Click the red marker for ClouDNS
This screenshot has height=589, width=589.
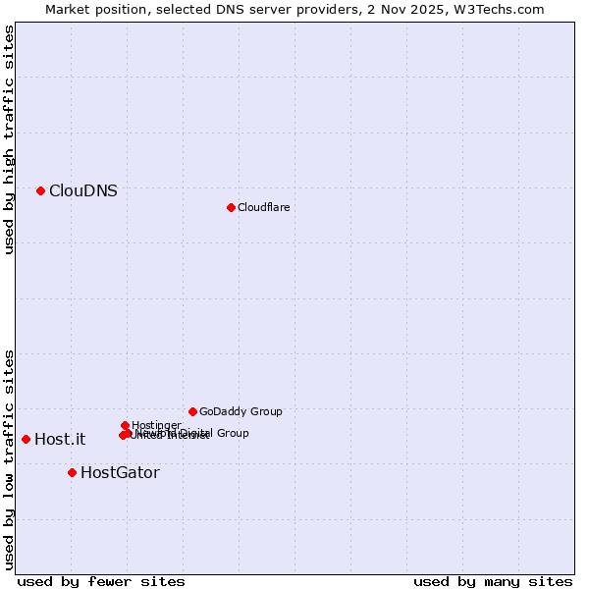40,190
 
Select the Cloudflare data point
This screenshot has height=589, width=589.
231,207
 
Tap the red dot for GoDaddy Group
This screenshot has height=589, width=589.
192,411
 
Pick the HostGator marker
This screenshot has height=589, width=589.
72,472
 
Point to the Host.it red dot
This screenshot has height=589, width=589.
26,439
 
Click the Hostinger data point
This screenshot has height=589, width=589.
125,425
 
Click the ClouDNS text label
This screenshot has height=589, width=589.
83,191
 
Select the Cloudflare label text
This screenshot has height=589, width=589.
263,207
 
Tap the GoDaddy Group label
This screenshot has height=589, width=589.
241,412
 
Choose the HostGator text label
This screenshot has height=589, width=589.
120,473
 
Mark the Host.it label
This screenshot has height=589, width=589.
60,440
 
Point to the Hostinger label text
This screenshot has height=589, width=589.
156,425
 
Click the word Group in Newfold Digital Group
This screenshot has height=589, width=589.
233,433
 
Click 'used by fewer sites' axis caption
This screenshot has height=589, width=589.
101,581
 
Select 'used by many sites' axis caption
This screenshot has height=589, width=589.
493,581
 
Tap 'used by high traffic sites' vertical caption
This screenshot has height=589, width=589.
9,139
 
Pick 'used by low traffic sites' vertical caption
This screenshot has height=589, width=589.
9,459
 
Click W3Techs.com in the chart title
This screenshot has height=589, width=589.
505,9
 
